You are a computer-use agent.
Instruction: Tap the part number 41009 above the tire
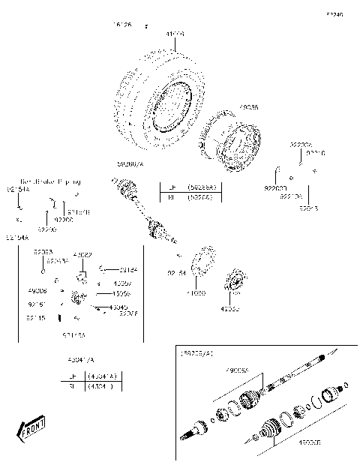point(174,34)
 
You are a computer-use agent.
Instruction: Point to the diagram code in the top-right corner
point(334,14)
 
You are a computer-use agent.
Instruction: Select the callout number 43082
point(82,255)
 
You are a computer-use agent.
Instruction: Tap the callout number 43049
point(118,307)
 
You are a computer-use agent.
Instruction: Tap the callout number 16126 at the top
point(122,25)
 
